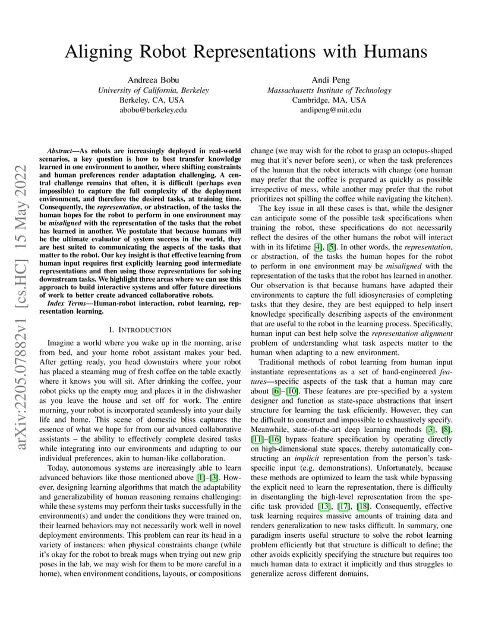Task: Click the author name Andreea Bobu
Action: (x=153, y=80)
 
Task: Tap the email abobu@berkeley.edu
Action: (x=153, y=109)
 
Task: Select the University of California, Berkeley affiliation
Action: (x=153, y=90)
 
